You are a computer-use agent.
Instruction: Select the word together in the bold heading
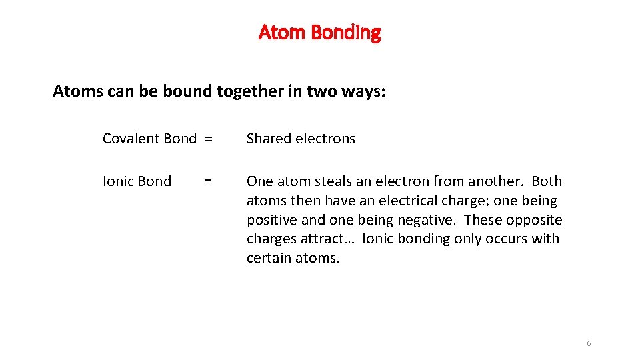click(246, 91)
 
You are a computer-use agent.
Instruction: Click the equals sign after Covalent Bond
click(209, 139)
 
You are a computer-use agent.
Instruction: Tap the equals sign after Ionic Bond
click(209, 181)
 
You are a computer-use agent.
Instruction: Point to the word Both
click(547, 181)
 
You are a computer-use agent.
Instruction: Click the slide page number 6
click(589, 343)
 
